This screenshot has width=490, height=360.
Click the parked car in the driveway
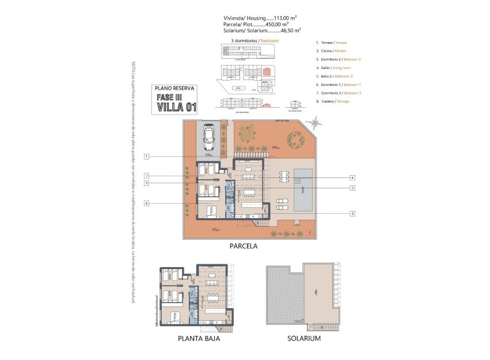pyautogui.click(x=208, y=138)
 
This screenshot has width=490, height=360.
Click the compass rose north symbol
pyautogui.click(x=315, y=122)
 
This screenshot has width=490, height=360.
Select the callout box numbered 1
pyautogui.click(x=147, y=157)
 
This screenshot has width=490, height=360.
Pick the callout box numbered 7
pyautogui.click(x=147, y=176)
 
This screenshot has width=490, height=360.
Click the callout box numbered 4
pyautogui.click(x=352, y=178)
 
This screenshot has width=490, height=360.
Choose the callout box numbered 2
pyautogui.click(x=352, y=213)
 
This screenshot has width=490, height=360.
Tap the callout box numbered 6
pyautogui.click(x=147, y=203)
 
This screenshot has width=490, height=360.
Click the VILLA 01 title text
pyautogui.click(x=177, y=106)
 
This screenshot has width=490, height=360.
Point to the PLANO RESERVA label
pyautogui.click(x=176, y=88)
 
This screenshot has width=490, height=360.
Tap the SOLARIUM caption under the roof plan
pyautogui.click(x=303, y=339)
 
